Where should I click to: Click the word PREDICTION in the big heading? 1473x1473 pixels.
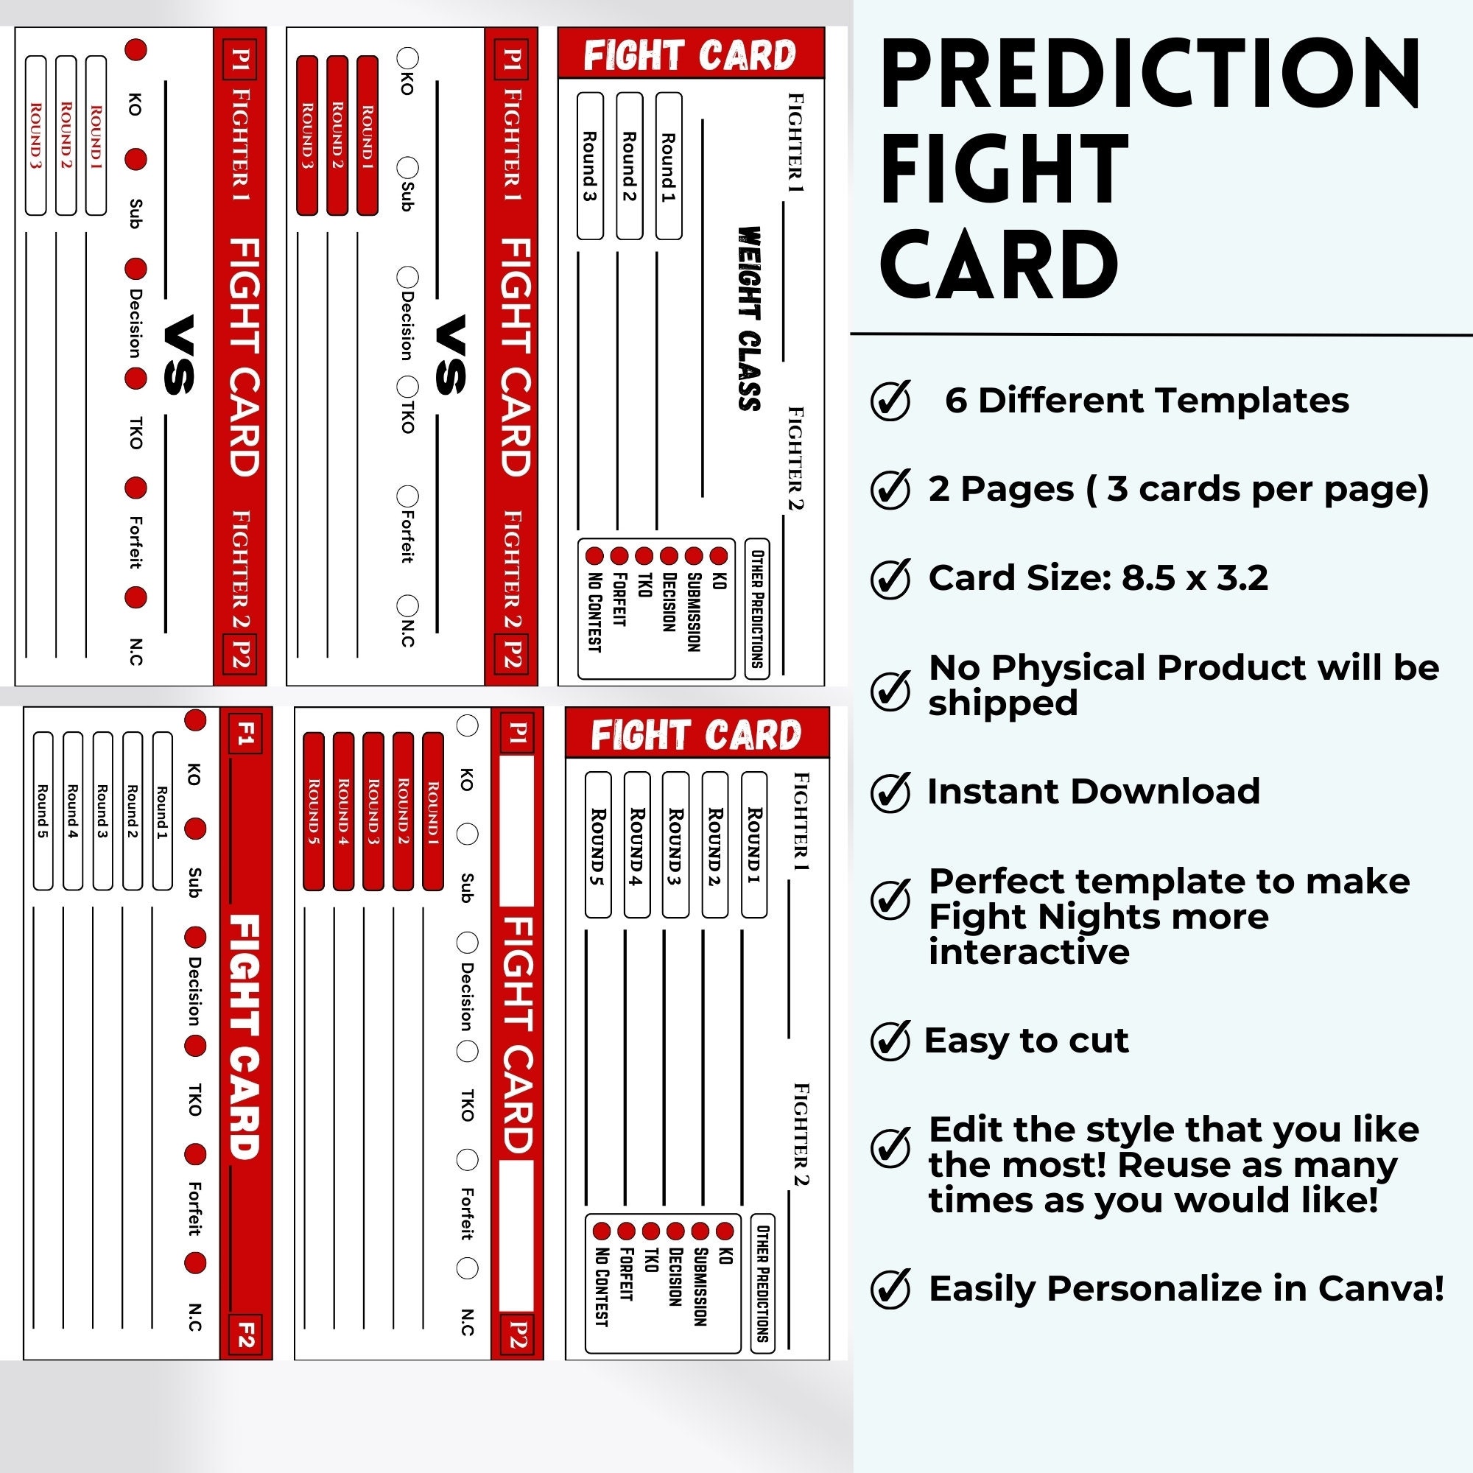(1150, 74)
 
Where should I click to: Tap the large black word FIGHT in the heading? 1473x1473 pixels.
(1003, 169)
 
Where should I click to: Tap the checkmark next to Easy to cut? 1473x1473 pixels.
(890, 1041)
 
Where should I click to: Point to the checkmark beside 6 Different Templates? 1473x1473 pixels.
(890, 400)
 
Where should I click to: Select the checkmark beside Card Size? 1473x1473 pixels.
(890, 578)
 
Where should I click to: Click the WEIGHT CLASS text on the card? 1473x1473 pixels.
(750, 318)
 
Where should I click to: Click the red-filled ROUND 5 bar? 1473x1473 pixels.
(313, 811)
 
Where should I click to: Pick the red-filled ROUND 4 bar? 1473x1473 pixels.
(343, 811)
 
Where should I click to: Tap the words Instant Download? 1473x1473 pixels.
(1093, 792)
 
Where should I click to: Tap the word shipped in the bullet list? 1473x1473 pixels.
(1002, 703)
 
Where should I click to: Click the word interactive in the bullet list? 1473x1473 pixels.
(1028, 952)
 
